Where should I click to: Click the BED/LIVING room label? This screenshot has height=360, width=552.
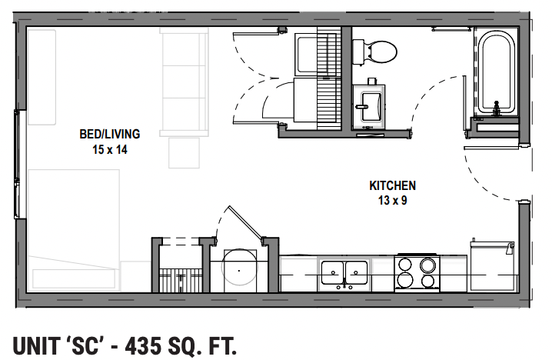[x=109, y=134]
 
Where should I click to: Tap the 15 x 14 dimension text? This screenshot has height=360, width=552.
[x=109, y=149]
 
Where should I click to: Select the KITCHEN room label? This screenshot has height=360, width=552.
[x=392, y=185]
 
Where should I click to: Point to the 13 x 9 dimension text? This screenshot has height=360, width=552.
[x=392, y=201]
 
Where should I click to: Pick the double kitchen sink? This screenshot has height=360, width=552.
[x=344, y=273]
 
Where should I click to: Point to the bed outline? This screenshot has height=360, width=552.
[x=74, y=227]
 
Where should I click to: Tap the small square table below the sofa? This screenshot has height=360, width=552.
[x=183, y=153]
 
